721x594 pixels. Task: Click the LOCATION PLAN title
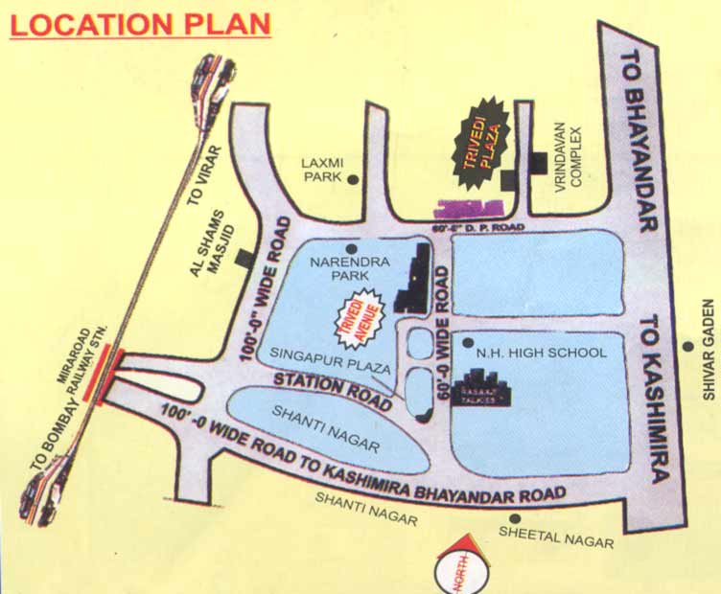pos(140,24)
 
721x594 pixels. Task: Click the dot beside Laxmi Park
pos(353,179)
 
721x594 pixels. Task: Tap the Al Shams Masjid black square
pos(246,258)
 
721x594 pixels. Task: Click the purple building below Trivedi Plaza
pos(468,208)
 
